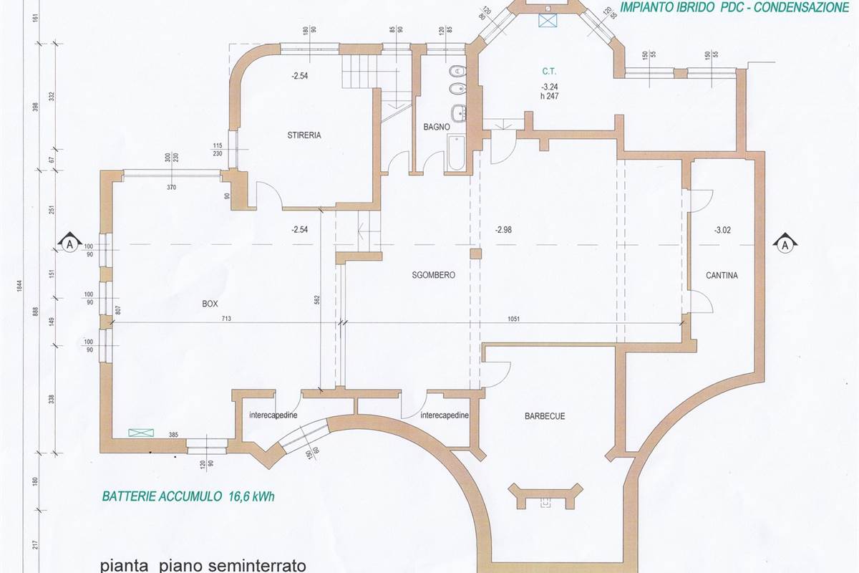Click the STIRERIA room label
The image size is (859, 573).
click(304, 135)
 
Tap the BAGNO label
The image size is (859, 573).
click(436, 127)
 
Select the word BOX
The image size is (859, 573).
click(210, 304)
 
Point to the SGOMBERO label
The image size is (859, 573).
click(433, 275)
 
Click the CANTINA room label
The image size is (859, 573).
click(722, 275)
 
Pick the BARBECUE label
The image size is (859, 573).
click(545, 415)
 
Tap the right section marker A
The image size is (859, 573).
click(785, 244)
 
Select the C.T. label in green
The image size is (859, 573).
click(549, 72)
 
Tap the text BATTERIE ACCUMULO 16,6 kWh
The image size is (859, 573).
click(188, 496)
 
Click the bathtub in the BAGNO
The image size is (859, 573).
click(456, 153)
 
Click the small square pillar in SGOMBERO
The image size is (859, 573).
click(475, 254)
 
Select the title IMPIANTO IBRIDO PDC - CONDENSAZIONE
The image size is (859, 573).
click(735, 7)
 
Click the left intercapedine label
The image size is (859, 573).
click(273, 415)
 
